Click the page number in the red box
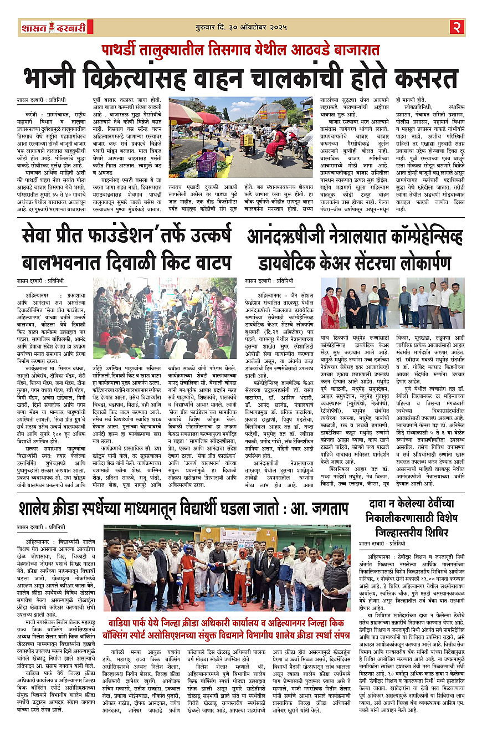pyautogui.click(x=457, y=26)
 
